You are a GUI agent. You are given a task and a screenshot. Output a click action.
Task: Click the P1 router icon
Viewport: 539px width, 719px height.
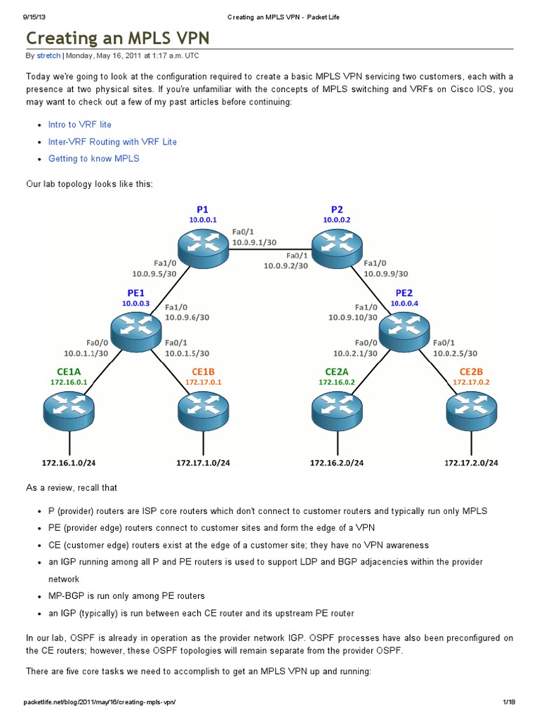204,242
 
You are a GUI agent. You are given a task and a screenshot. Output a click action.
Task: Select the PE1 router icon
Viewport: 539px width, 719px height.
136,328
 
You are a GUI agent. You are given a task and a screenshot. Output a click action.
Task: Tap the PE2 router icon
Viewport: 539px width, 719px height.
404,328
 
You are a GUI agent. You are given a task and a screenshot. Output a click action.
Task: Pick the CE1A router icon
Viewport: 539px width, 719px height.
69,407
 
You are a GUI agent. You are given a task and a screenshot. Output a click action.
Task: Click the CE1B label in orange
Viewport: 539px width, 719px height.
203,371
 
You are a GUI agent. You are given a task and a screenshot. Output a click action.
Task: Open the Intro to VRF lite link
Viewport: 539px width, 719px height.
79,124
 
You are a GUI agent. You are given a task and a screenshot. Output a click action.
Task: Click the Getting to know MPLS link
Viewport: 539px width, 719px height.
93,159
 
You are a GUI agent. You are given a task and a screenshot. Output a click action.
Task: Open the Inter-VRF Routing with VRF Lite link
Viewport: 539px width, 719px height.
112,142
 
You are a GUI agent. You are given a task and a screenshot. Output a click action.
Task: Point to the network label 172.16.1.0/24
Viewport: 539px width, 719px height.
68,462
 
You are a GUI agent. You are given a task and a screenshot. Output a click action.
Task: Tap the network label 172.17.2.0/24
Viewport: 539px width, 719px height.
471,462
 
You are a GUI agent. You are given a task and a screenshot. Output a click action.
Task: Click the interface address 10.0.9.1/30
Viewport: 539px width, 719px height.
253,242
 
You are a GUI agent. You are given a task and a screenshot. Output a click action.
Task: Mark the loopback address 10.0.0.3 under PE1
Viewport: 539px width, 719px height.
136,303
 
